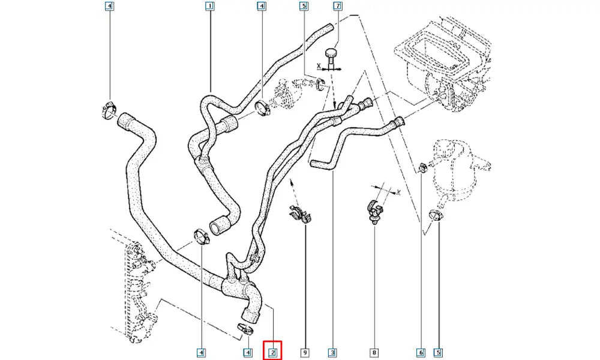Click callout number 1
(209, 7)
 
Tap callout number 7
(338, 7)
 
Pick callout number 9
(305, 352)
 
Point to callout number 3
(331, 352)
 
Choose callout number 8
(375, 352)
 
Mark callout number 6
(421, 352)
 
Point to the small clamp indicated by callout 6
(422, 166)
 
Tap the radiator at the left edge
(129, 288)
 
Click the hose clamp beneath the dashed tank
(436, 215)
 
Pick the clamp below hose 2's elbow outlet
(245, 328)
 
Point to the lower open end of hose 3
(316, 163)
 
